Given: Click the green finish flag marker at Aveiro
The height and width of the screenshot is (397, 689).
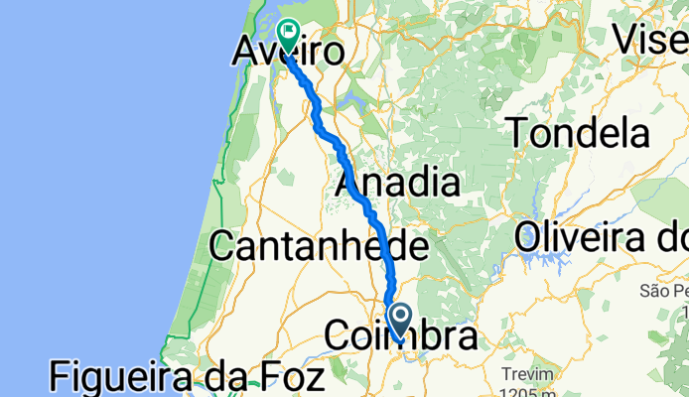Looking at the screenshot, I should [x=290, y=34].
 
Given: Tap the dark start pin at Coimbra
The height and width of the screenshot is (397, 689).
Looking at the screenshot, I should [x=401, y=320].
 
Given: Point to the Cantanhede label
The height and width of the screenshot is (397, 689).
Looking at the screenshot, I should [x=320, y=247].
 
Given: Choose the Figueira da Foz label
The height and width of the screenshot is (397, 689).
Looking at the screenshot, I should [x=188, y=379].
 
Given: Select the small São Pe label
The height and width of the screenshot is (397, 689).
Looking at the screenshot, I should [x=663, y=291].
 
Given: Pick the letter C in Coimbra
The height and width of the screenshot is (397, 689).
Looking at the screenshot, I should [x=340, y=338].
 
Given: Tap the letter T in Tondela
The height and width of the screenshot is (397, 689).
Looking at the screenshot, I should [x=518, y=131].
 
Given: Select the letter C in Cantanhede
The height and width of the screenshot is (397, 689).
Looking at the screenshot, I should [x=224, y=247].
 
